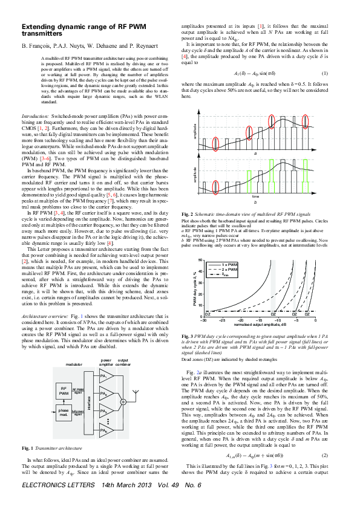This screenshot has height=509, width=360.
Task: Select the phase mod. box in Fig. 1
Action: (x=64, y=412)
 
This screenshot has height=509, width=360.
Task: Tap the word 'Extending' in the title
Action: (x=42, y=27)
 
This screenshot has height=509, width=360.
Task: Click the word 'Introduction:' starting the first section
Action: (x=35, y=114)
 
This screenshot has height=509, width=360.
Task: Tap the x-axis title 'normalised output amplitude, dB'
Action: (x=253, y=325)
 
